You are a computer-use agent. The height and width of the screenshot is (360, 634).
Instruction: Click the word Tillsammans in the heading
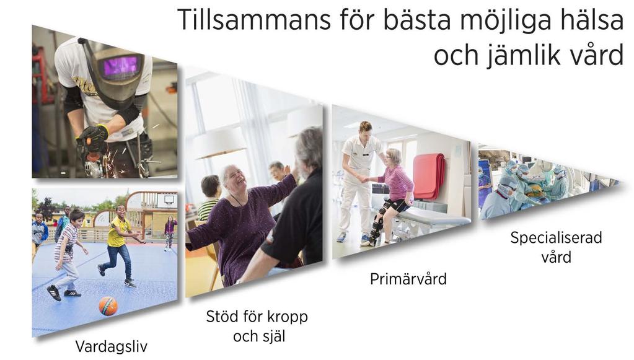[254, 19]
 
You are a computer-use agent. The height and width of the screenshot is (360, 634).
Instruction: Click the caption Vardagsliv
[112, 346]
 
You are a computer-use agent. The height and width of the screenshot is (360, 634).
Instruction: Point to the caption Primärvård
[408, 279]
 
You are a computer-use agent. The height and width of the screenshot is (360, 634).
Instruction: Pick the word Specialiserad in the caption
[556, 237]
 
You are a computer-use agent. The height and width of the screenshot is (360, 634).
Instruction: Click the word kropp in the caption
[288, 317]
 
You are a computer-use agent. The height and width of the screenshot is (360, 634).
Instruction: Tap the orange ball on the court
[108, 306]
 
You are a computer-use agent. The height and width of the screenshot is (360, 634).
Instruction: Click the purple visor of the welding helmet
[120, 66]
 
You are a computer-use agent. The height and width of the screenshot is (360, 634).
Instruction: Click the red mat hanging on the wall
[429, 176]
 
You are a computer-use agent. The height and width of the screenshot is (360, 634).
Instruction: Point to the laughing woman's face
[235, 177]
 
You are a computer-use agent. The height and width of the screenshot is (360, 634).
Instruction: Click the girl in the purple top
[170, 232]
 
